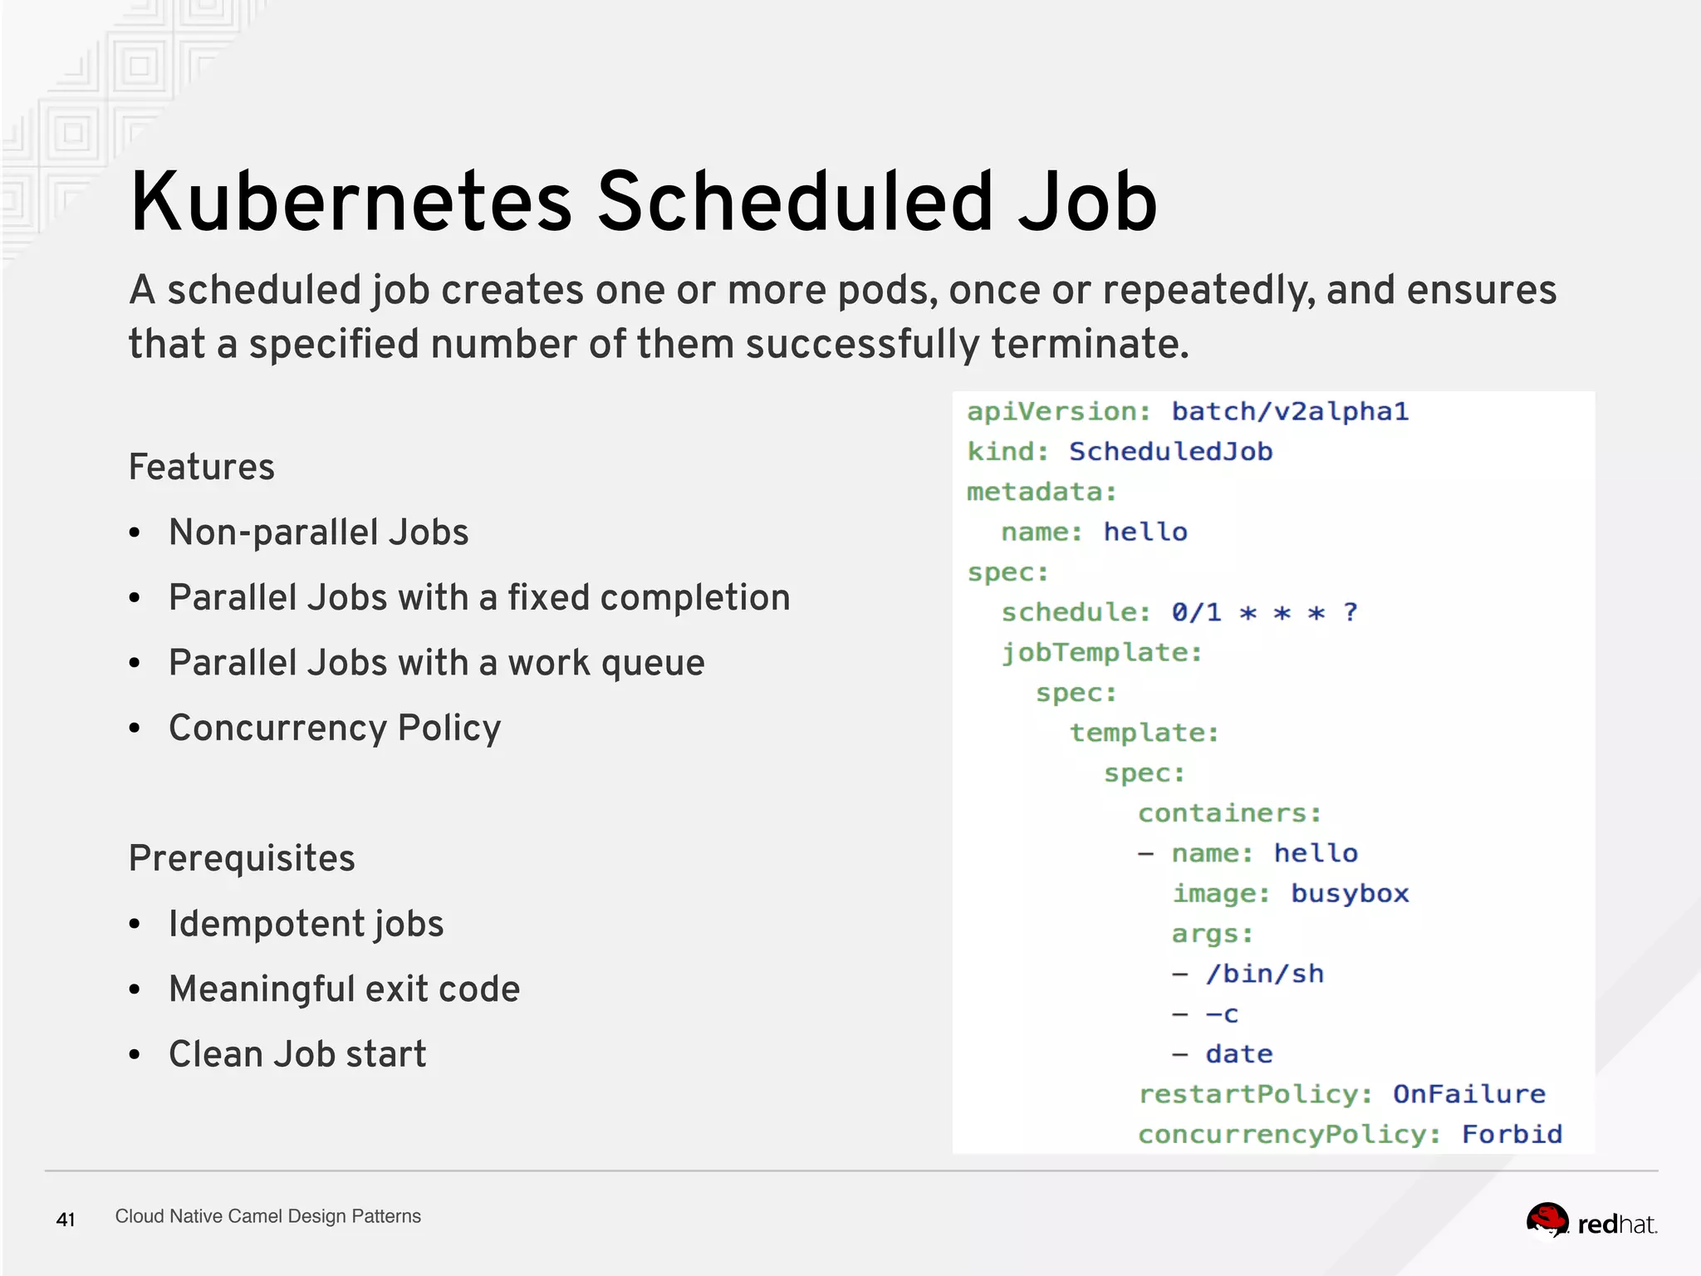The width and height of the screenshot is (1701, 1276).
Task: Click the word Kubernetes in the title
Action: point(351,202)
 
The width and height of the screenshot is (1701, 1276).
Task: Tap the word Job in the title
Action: point(1087,202)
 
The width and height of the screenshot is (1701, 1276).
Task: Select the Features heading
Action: point(202,467)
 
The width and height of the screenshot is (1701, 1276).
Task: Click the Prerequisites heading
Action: point(242,858)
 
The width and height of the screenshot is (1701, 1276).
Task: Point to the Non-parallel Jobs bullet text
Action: point(318,532)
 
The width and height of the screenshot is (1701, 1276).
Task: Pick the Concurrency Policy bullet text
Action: point(335,729)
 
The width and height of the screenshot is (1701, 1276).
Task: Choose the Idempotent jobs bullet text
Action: point(306,924)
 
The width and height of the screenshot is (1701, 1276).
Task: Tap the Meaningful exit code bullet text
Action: point(344,989)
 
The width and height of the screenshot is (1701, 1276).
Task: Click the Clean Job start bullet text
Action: point(297,1054)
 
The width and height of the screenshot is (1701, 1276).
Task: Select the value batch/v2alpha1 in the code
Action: point(1290,411)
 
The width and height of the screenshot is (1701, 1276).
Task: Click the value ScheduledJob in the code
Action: point(1170,452)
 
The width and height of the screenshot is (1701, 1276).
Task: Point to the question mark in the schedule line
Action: point(1351,612)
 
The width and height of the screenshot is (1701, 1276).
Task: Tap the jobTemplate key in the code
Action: point(1101,653)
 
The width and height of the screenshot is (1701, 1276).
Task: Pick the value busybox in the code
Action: point(1350,894)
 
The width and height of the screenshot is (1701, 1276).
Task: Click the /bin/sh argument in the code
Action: point(1265,974)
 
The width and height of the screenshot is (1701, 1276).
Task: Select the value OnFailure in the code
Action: point(1468,1094)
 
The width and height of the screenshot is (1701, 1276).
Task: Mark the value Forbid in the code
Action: point(1512,1135)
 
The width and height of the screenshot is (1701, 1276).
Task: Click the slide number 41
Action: point(66,1220)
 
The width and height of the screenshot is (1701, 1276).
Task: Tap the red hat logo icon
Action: point(1547,1221)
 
